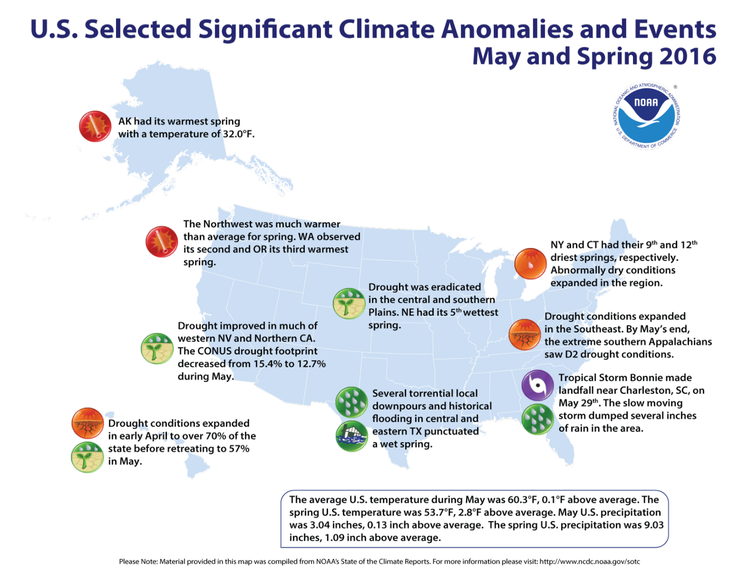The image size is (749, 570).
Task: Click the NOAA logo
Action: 647,115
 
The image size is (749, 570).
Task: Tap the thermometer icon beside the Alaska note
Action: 95,126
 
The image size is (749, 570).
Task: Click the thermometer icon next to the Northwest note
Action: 162,242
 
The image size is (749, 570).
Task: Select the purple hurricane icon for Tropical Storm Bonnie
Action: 537,385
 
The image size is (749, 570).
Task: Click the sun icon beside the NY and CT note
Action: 530,263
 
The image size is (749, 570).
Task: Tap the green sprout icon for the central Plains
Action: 349,303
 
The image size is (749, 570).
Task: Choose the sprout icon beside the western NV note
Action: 157,348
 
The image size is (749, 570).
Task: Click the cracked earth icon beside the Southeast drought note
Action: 524,335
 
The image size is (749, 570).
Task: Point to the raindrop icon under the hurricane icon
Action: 537,419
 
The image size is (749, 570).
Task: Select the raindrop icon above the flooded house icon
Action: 352,402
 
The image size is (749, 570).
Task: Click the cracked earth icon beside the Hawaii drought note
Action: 87,423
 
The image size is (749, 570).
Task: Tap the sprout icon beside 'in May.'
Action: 87,457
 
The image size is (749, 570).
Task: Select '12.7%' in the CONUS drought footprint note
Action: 311,364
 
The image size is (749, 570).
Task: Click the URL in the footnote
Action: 589,561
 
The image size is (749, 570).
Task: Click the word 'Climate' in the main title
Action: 386,29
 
